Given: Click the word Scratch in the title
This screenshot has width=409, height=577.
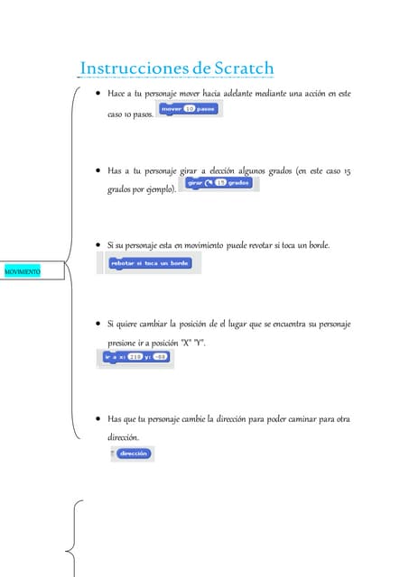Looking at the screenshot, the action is pyautogui.click(x=244, y=69).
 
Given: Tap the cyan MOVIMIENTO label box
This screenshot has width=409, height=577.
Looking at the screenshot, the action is pyautogui.click(x=23, y=270).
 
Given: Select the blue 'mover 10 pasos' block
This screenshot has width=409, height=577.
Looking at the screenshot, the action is pyautogui.click(x=188, y=109).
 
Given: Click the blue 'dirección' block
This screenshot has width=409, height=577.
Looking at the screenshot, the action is pyautogui.click(x=131, y=454).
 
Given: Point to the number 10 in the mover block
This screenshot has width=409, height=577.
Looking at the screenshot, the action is pyautogui.click(x=189, y=108).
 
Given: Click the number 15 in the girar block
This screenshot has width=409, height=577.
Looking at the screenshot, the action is pyautogui.click(x=219, y=183).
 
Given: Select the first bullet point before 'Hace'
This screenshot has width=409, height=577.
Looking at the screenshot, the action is pyautogui.click(x=97, y=94).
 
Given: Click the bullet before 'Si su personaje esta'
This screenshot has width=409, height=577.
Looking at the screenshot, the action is pyautogui.click(x=97, y=245).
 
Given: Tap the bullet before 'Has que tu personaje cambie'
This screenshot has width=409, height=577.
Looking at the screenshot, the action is pyautogui.click(x=97, y=419).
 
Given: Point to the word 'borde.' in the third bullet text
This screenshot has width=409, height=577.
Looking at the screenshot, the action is pyautogui.click(x=319, y=245).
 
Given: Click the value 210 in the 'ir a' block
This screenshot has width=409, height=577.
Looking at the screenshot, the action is pyautogui.click(x=135, y=357).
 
